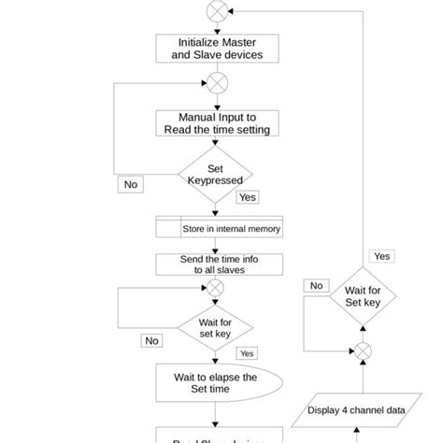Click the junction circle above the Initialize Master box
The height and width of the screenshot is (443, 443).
[216, 10]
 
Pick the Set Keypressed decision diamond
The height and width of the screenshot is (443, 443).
[216, 174]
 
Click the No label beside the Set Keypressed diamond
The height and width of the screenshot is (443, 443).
[130, 184]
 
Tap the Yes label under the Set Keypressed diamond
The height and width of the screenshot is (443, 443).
[248, 197]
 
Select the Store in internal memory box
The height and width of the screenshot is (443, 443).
[219, 228]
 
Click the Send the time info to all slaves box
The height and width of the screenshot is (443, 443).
[219, 264]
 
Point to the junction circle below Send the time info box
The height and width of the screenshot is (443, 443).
[216, 289]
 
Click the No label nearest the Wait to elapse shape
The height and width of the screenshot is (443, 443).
[151, 341]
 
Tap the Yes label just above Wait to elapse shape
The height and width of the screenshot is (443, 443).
[247, 353]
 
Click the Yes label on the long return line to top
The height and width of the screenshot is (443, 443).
[382, 255]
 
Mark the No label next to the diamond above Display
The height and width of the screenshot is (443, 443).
[317, 285]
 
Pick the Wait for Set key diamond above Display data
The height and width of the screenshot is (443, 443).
[362, 296]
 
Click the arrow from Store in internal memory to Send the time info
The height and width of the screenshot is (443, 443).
[216, 246]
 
